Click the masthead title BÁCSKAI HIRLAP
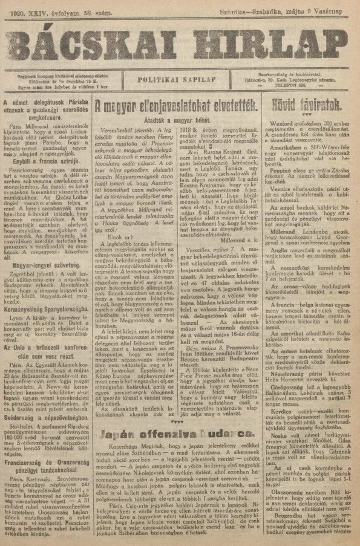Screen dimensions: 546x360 180,42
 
